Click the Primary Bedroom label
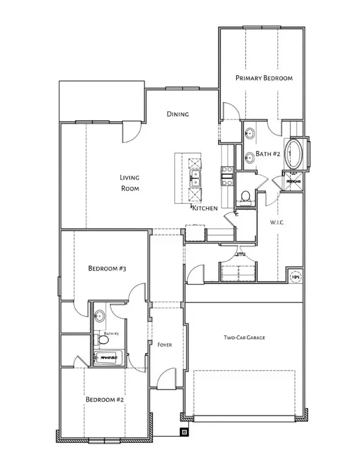pos(264,78)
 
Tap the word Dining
pos(178,114)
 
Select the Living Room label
pos(129,183)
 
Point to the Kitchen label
pos(205,208)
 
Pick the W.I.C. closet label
pos(277,223)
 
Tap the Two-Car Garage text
pos(245,338)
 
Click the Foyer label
pos(165,345)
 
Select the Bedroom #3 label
pos(106,268)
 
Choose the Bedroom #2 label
pos(104,400)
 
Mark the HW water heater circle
pos(296,276)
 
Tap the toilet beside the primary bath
pos(246,195)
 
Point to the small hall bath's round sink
pos(100,316)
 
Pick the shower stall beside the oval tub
pos(294,180)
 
